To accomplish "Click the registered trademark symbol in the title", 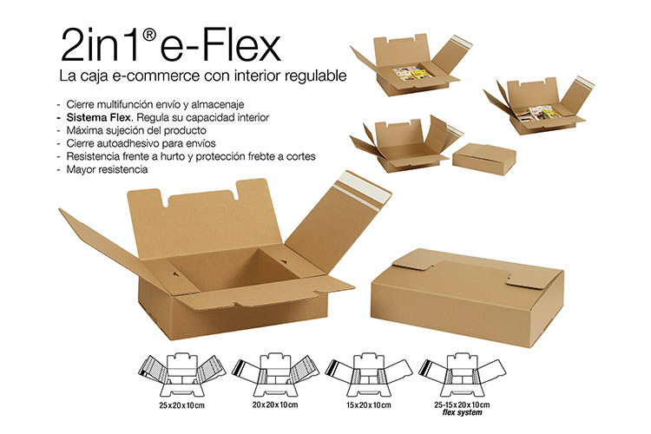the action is pyautogui.click(x=149, y=36).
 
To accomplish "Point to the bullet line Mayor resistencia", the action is pyautogui.click(x=107, y=169).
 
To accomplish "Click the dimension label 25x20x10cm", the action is pyautogui.click(x=182, y=405).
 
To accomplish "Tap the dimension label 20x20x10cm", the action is pyautogui.click(x=275, y=405).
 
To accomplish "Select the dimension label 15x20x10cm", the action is pyautogui.click(x=369, y=405).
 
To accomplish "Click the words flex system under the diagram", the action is pyautogui.click(x=462, y=413).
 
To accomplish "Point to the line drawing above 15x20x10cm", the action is pyautogui.click(x=369, y=375).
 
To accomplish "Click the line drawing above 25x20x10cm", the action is pyautogui.click(x=182, y=375).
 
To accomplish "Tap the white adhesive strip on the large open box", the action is pyautogui.click(x=362, y=192).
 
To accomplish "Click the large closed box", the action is pyautogui.click(x=468, y=296).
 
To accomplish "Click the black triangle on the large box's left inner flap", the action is pyautogui.click(x=175, y=274).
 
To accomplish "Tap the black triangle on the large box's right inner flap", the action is pyautogui.click(x=284, y=261).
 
